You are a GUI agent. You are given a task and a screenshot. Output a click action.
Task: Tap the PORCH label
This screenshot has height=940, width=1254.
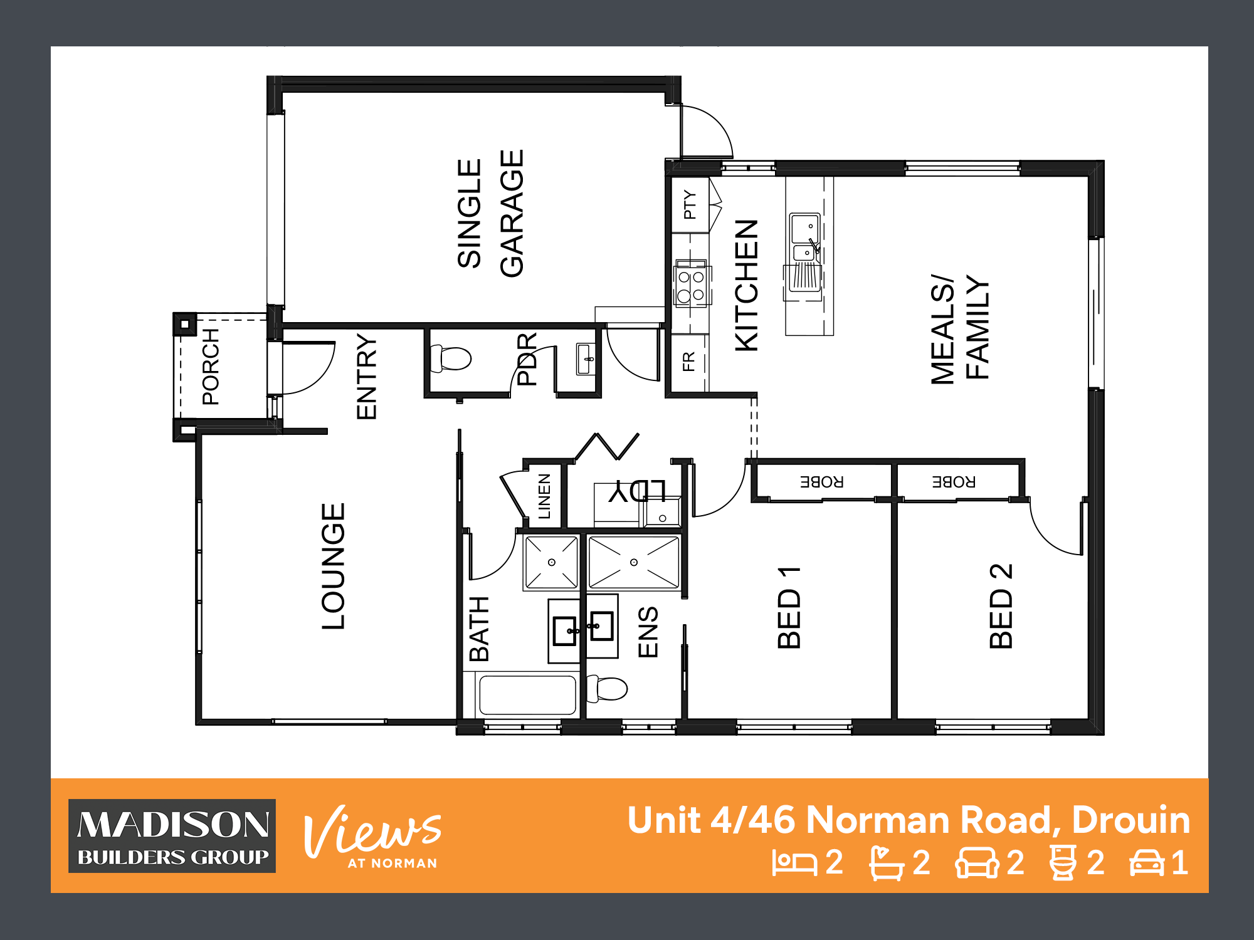pyautogui.click(x=211, y=367)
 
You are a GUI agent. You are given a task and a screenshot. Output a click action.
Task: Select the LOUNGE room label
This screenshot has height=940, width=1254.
pyautogui.click(x=333, y=566)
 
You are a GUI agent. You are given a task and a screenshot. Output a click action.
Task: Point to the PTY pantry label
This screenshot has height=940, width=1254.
pyautogui.click(x=690, y=204)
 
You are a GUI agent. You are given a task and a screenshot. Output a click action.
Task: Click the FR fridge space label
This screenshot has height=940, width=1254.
pyautogui.click(x=688, y=362)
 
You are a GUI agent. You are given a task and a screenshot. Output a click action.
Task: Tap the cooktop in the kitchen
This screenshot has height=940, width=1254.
pyautogui.click(x=692, y=285)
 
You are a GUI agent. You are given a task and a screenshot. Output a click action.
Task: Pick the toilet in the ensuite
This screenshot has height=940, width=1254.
pyautogui.click(x=607, y=689)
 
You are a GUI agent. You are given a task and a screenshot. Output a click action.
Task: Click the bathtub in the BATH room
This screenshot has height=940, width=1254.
pyautogui.click(x=527, y=695)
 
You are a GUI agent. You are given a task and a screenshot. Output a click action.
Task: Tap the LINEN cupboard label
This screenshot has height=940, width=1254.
pyautogui.click(x=544, y=496)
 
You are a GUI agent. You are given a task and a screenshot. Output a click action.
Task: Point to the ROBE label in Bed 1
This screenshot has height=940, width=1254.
pyautogui.click(x=821, y=482)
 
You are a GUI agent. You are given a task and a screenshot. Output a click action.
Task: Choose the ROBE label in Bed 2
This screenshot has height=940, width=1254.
pyautogui.click(x=954, y=482)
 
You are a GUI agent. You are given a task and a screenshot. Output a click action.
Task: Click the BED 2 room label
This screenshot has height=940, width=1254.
pyautogui.click(x=1001, y=606)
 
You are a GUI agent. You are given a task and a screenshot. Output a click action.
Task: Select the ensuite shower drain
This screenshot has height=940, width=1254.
pyautogui.click(x=634, y=562)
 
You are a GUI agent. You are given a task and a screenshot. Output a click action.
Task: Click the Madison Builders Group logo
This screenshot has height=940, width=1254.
pyautogui.click(x=172, y=836)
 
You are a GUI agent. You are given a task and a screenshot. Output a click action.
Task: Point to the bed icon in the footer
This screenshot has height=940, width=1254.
pyautogui.click(x=794, y=863)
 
